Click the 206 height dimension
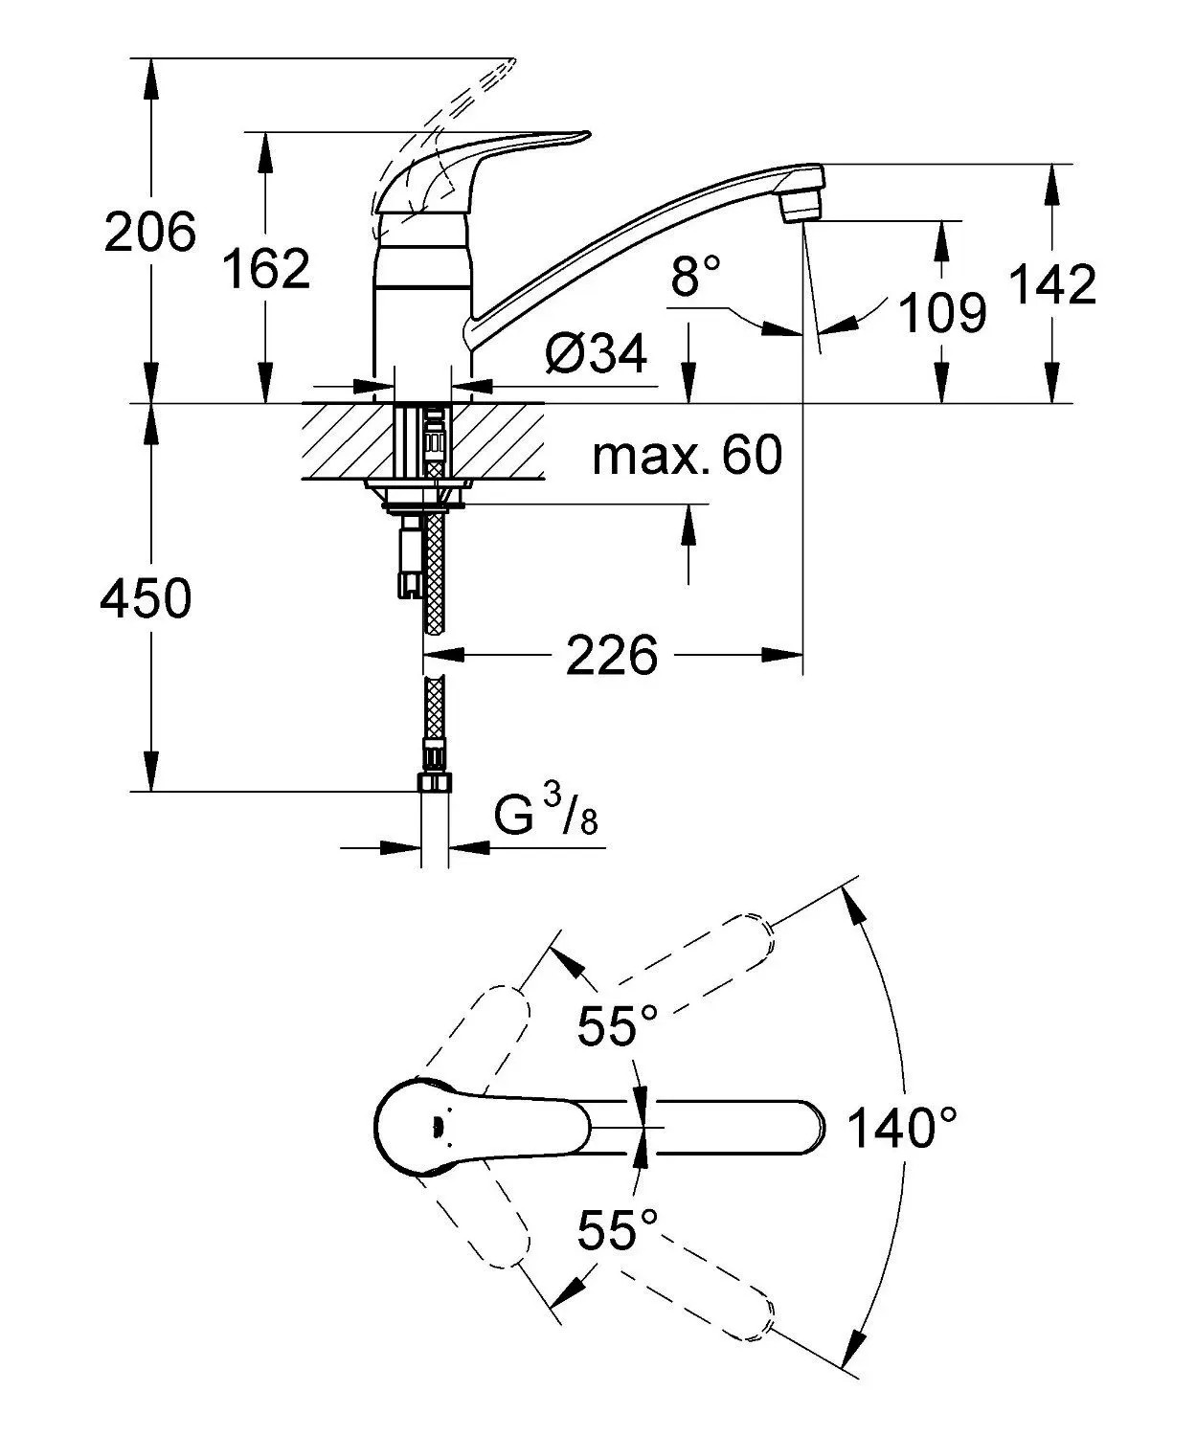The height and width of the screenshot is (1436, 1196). coord(150,232)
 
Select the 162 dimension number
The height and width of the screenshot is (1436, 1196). coord(266,267)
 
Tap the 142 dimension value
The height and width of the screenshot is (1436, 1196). coord(1051,283)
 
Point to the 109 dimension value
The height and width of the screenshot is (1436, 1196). coord(942,312)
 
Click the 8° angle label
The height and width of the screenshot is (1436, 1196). coord(696,274)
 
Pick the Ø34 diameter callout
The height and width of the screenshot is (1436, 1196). coord(596,354)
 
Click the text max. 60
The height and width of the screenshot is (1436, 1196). coord(688,455)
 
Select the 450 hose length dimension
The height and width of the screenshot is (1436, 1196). coord(146,597)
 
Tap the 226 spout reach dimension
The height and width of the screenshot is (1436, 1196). coord(612,655)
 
